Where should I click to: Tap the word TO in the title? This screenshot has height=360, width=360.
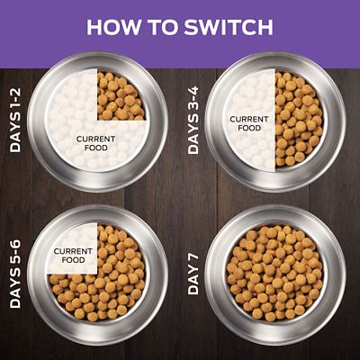[162, 26]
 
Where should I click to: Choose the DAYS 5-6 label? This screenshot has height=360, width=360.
[15, 271]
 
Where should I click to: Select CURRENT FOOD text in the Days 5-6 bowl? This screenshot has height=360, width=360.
[74, 256]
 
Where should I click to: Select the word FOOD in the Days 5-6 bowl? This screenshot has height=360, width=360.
[74, 261]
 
